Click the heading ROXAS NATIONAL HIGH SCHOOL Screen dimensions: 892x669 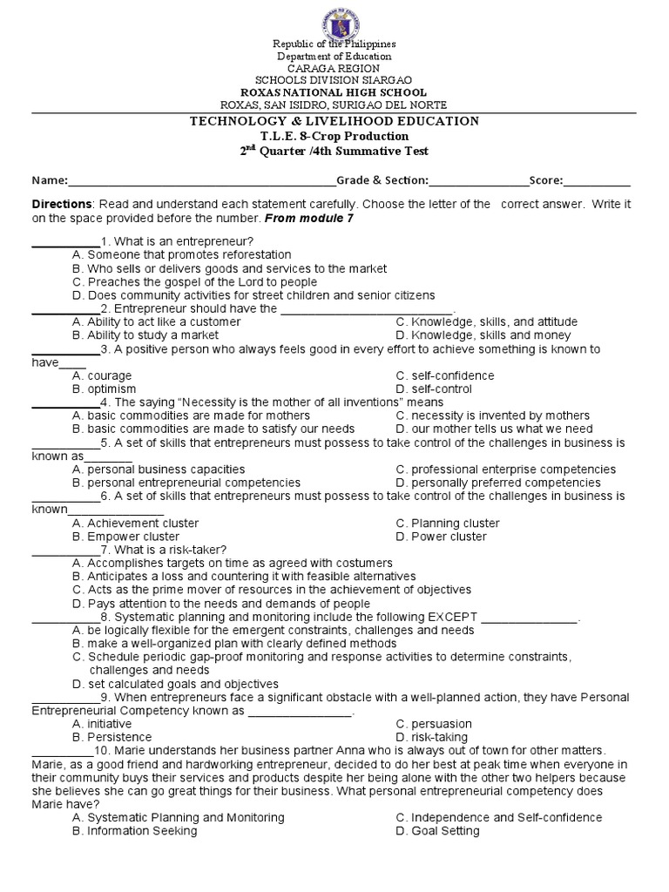click(x=334, y=92)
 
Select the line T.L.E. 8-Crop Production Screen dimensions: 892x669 click(x=334, y=136)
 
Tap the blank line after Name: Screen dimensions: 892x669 click(x=202, y=181)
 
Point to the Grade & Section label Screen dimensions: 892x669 click(x=382, y=180)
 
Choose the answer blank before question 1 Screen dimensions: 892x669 click(x=65, y=241)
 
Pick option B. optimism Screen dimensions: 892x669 click(x=105, y=389)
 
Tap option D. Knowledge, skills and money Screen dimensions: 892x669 click(x=483, y=334)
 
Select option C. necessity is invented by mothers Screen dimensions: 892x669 click(x=492, y=416)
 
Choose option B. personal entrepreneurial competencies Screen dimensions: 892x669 click(x=186, y=482)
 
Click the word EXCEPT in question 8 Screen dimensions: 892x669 click(x=451, y=617)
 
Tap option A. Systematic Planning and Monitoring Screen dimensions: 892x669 click(x=179, y=817)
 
